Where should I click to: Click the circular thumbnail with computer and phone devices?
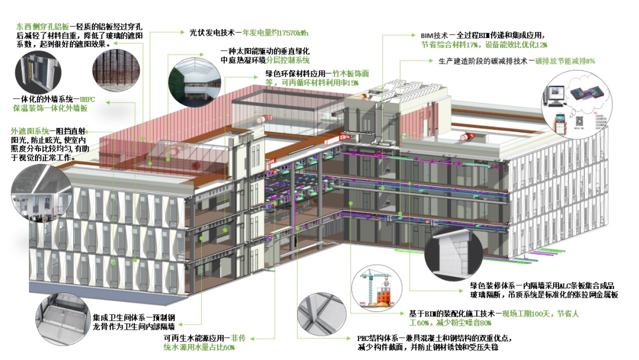click(569, 103)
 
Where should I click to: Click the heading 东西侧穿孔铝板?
click(43, 27)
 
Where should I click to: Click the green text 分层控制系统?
click(287, 61)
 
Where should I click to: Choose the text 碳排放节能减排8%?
click(565, 61)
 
